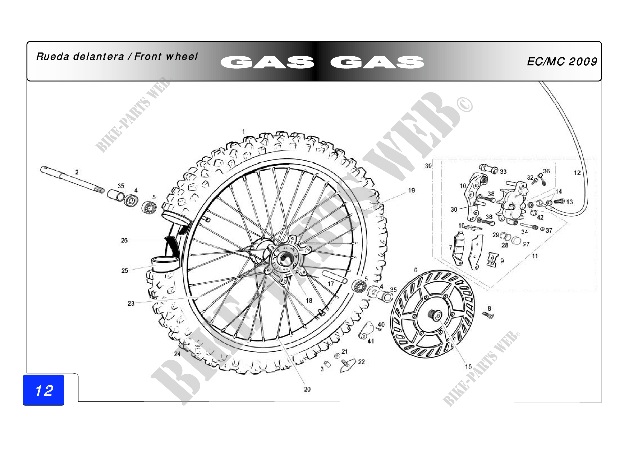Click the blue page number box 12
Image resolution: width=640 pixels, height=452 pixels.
[x=44, y=390]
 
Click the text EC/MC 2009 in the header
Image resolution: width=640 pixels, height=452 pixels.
[x=562, y=62]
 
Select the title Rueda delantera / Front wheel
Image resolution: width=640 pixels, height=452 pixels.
[x=117, y=57]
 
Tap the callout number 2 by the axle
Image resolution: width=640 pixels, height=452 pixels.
[x=77, y=172]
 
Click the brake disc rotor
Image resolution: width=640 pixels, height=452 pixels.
[x=433, y=313]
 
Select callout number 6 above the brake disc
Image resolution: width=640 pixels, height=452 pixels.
[x=416, y=270]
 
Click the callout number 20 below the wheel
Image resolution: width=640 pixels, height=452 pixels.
[x=307, y=389]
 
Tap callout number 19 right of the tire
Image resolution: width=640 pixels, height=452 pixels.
[x=412, y=191]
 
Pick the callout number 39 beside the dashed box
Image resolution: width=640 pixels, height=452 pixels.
[x=428, y=166]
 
